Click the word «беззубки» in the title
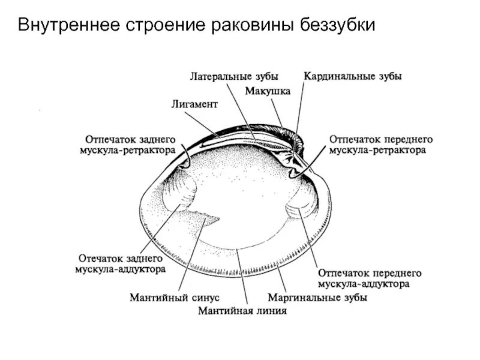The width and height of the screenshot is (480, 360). tap(337, 26)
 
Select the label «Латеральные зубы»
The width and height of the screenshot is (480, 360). tap(235, 77)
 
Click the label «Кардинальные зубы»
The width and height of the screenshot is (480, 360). tap(353, 77)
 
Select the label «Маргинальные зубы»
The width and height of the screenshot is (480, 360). tap(317, 297)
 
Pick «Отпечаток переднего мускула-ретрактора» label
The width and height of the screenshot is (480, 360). tap(381, 145)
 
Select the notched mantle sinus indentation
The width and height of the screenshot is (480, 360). tap(207, 219)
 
